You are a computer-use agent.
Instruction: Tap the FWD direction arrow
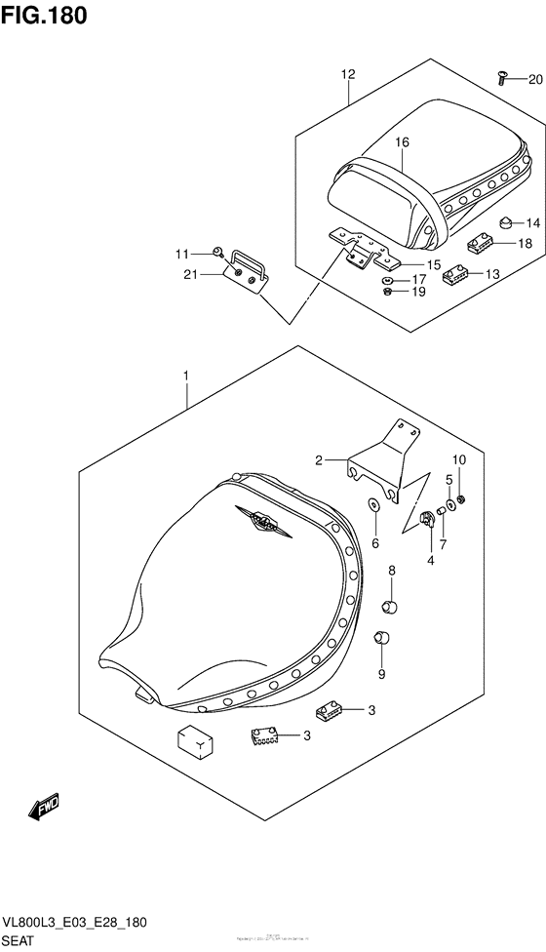(45, 806)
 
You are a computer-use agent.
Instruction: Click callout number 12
(349, 74)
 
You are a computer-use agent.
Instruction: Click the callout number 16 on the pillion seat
(402, 142)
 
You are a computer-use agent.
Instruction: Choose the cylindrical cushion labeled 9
(382, 640)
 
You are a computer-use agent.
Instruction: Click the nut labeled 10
(461, 500)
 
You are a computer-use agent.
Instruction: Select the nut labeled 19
(388, 292)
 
